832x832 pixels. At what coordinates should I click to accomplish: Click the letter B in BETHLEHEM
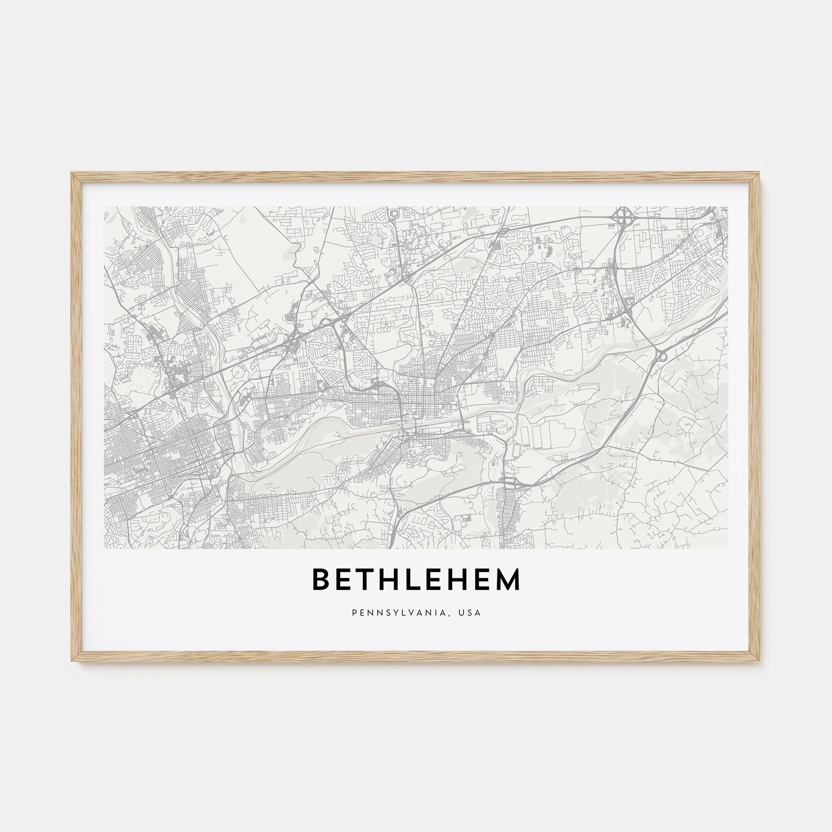tap(320, 579)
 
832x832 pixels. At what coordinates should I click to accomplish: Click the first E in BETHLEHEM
tap(344, 579)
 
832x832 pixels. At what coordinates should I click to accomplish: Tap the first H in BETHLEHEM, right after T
tap(392, 579)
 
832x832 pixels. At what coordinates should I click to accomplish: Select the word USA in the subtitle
tap(469, 612)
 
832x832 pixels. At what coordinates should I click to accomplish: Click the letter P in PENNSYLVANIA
tap(354, 612)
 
